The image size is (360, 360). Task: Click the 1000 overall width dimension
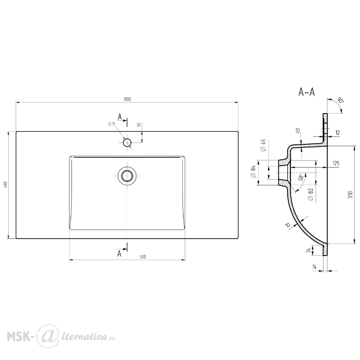[127, 99]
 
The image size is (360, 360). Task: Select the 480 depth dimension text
[6, 185]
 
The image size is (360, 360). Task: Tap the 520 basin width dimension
[143, 257]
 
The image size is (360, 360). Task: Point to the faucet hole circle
[127, 142]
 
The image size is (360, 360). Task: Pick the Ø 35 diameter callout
[112, 123]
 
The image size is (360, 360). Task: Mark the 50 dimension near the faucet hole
[139, 125]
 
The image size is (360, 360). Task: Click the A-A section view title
[306, 92]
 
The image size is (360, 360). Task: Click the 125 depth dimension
[336, 163]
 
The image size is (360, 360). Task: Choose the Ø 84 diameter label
[253, 171]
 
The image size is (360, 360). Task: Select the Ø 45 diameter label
[263, 145]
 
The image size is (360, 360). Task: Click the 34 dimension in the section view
[309, 250]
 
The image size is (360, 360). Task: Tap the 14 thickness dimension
[314, 267]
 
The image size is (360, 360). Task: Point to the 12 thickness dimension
[337, 132]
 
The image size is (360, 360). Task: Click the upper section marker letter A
[120, 117]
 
